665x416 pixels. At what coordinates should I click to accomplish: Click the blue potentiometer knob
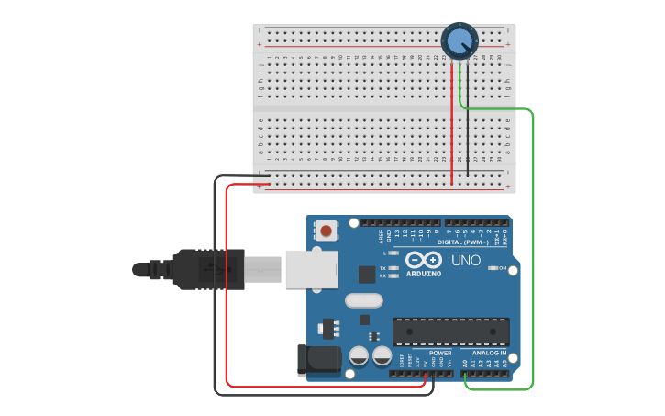(459, 39)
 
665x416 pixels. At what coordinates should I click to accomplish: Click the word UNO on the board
(467, 262)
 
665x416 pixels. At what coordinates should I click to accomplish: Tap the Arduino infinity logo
(423, 260)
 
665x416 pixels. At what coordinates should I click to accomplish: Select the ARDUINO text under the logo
(423, 274)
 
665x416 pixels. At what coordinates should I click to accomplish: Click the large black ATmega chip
(450, 332)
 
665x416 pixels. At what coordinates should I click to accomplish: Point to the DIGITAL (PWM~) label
(462, 242)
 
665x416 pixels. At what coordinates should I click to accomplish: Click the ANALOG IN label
(490, 353)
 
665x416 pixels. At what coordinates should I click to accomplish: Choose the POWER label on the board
(440, 353)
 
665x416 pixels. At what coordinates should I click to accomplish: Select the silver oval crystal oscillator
(363, 299)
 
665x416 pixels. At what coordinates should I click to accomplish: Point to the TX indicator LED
(393, 267)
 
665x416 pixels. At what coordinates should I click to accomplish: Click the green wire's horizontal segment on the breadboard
(495, 109)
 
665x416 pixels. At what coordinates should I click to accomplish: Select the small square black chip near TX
(367, 273)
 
